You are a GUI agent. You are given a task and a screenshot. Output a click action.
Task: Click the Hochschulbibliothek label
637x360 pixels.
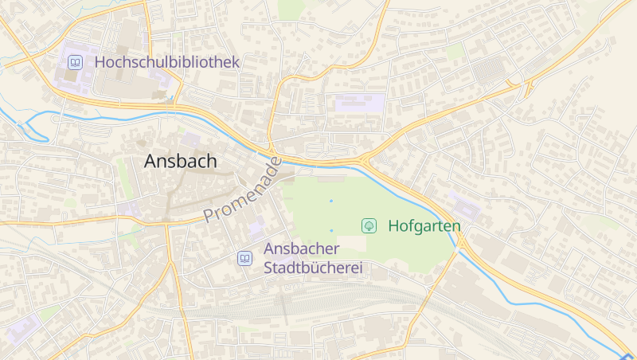(166, 61)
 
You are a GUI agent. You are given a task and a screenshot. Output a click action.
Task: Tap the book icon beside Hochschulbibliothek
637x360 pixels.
(75, 61)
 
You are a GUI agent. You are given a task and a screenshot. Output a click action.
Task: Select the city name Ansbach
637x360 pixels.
(180, 161)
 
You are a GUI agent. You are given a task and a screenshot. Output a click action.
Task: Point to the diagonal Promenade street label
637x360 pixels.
(242, 191)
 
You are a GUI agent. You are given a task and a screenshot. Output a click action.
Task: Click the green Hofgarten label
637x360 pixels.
(424, 226)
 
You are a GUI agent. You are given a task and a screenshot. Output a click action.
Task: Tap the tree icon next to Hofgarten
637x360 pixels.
(369, 225)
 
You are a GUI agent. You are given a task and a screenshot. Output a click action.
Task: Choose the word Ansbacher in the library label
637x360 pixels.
(302, 249)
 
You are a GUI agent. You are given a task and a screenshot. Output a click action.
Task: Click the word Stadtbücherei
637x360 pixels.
(313, 268)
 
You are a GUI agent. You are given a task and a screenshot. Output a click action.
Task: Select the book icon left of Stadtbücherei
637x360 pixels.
(244, 258)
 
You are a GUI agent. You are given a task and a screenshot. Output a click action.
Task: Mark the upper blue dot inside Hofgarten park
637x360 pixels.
(331, 201)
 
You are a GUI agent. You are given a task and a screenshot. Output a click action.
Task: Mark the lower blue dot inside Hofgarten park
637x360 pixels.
(331, 230)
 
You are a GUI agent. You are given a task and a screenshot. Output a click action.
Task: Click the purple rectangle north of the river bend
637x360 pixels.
(359, 103)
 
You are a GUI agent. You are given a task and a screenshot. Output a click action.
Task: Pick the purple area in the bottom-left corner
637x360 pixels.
(21, 328)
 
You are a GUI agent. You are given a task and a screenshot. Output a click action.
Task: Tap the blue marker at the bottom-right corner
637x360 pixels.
(629, 356)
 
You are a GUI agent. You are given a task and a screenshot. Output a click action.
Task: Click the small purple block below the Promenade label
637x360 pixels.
(256, 229)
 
